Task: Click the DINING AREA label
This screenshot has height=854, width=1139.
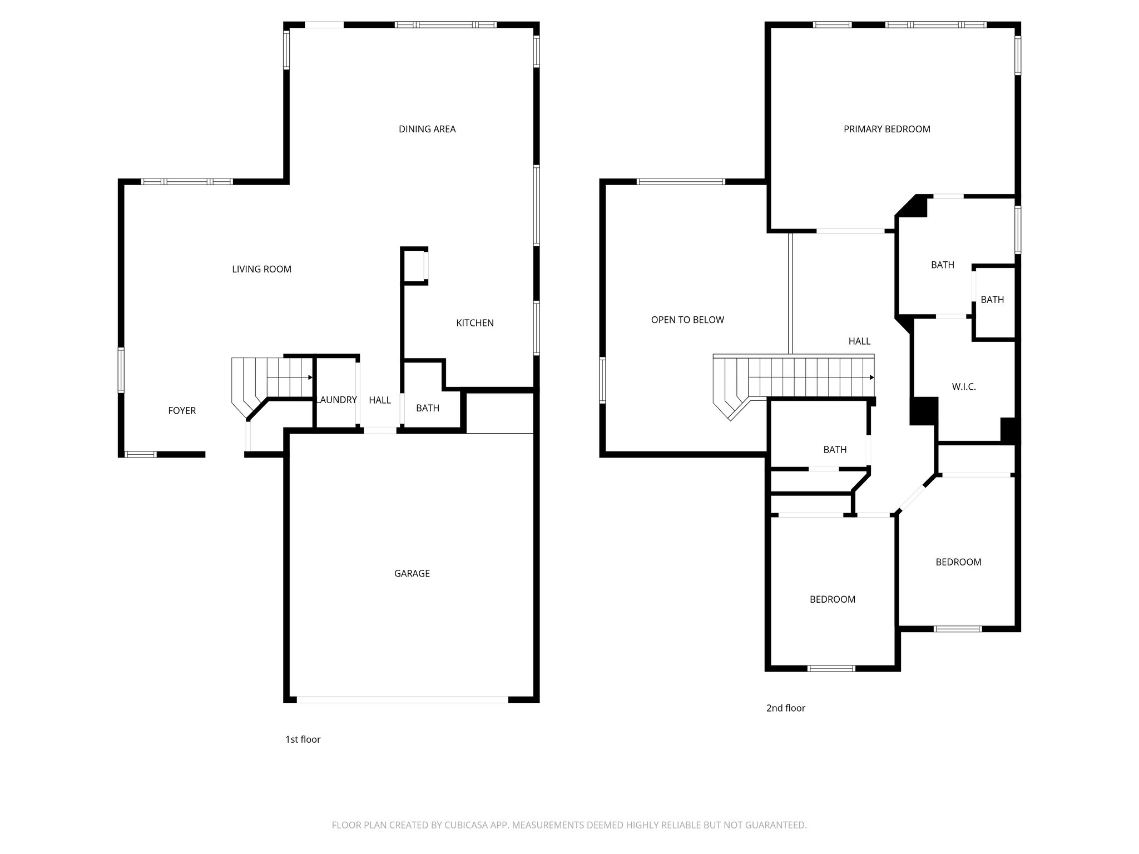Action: pos(427,129)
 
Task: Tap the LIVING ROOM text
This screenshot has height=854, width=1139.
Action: pos(261,269)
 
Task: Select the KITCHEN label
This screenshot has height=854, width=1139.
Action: pos(474,323)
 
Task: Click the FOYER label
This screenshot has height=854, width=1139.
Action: pos(182,411)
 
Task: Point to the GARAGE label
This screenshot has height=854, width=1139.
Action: pos(412,573)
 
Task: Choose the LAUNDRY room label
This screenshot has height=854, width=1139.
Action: pos(337,400)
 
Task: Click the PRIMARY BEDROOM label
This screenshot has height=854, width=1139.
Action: pos(887,129)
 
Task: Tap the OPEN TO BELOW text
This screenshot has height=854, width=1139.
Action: pos(687,320)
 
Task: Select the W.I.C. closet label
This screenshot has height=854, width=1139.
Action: pos(964,386)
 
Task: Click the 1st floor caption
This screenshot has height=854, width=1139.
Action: pos(303,739)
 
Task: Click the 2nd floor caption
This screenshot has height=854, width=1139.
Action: pos(785,708)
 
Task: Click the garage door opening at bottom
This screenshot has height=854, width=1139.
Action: pos(402,699)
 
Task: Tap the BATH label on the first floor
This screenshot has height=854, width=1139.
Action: pos(427,408)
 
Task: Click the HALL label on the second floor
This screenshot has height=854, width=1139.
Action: pos(859,341)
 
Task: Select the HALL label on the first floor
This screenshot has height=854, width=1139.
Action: pos(380,400)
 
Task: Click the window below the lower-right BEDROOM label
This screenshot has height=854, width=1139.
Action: pos(957,629)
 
